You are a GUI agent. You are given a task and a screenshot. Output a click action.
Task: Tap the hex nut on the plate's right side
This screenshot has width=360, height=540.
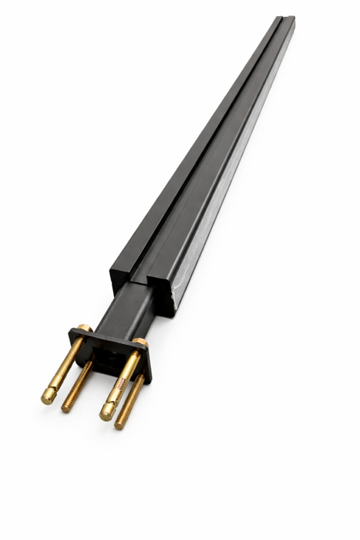click(138, 342)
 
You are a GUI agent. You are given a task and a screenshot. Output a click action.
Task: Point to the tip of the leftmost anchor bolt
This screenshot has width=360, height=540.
click(46, 399)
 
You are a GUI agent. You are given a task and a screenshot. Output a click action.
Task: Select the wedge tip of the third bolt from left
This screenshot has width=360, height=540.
click(106, 414)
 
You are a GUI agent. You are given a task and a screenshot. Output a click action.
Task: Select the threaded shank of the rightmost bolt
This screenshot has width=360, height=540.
click(132, 397)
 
